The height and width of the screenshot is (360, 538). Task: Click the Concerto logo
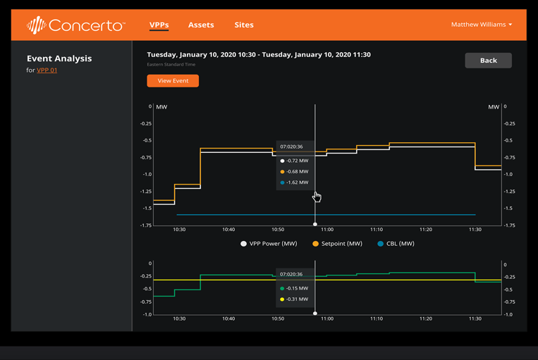pyautogui.click(x=75, y=25)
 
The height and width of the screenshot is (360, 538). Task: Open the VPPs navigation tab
pyautogui.click(x=159, y=25)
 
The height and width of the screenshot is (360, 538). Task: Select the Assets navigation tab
pyautogui.click(x=201, y=25)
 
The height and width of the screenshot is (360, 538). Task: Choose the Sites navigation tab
pyautogui.click(x=244, y=25)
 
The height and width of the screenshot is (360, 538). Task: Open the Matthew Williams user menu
pyautogui.click(x=482, y=25)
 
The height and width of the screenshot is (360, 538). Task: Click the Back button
pyautogui.click(x=488, y=61)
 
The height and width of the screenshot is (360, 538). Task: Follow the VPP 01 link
pyautogui.click(x=47, y=70)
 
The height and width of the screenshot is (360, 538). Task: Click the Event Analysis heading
pyautogui.click(x=59, y=58)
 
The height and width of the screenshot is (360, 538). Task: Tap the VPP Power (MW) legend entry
pyautogui.click(x=269, y=244)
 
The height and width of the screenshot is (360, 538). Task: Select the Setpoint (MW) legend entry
pyautogui.click(x=337, y=244)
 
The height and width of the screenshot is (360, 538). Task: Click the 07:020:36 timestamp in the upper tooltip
pyautogui.click(x=291, y=147)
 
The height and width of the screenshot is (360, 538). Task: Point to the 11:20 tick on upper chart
pyautogui.click(x=425, y=230)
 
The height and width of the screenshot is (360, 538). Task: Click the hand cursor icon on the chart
pyautogui.click(x=317, y=197)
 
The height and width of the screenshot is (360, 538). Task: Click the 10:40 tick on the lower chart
pyautogui.click(x=228, y=318)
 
